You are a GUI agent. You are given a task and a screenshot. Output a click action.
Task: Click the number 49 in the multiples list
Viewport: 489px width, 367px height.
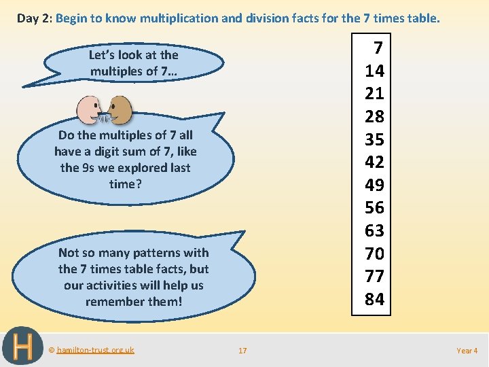pos(374,185)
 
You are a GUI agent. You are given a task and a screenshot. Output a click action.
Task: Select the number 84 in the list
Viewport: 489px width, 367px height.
pos(374,299)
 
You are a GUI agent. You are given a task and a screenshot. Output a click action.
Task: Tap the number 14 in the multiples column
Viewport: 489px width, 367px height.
pos(374,71)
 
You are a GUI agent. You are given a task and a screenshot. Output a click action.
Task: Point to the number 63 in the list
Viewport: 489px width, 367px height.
pos(374,230)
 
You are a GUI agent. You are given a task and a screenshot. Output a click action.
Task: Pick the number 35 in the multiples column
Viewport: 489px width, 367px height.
pos(374,139)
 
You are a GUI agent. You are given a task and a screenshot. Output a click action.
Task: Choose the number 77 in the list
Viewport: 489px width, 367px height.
pos(374,276)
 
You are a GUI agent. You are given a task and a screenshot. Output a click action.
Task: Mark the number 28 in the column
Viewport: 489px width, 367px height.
pos(374,116)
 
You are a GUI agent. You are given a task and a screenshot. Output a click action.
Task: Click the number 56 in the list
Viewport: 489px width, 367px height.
pos(374,207)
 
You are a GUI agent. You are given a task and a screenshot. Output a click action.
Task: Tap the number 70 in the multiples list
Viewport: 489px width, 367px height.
pos(374,254)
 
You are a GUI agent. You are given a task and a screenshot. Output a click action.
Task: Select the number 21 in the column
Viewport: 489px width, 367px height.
pos(374,93)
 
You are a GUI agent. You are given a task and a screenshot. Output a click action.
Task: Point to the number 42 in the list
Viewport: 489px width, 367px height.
pos(374,162)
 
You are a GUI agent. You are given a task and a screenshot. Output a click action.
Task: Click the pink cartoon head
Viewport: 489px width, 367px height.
pos(88,108)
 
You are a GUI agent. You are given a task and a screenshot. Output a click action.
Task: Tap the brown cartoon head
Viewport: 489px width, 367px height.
pos(120,107)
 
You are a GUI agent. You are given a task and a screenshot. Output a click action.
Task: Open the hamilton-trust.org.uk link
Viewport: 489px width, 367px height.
pos(95,350)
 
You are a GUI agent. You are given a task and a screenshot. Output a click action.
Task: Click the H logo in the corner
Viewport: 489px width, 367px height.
pos(22,347)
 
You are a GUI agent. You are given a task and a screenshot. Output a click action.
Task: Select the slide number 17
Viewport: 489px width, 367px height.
pos(242,351)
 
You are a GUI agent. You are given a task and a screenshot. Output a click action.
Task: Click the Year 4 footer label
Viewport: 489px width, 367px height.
pos(467,351)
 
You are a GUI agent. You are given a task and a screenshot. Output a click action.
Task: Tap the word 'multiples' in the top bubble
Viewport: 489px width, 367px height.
pos(116,71)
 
